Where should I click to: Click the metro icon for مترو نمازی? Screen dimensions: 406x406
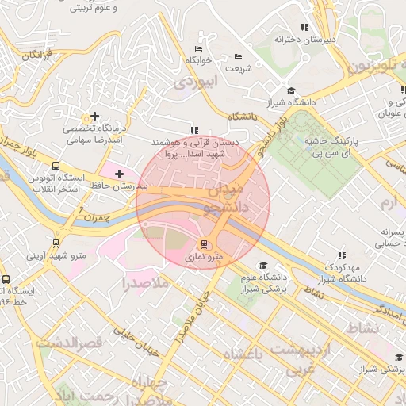point(205,244)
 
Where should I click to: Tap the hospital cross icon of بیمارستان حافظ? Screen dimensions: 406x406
point(119,173)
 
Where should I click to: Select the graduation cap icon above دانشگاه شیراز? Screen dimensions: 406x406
point(291,91)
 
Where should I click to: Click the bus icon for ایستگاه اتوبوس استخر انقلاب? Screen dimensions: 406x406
point(56,167)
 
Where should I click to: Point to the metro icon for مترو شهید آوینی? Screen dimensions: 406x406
point(56,243)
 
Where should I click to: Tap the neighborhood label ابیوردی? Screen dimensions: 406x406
point(195,82)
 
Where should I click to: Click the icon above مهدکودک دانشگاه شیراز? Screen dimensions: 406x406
point(342,255)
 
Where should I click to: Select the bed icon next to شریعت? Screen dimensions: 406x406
point(239,57)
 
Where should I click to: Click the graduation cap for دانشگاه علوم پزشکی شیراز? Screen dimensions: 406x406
point(262,266)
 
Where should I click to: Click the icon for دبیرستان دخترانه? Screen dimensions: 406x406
point(322,26)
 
